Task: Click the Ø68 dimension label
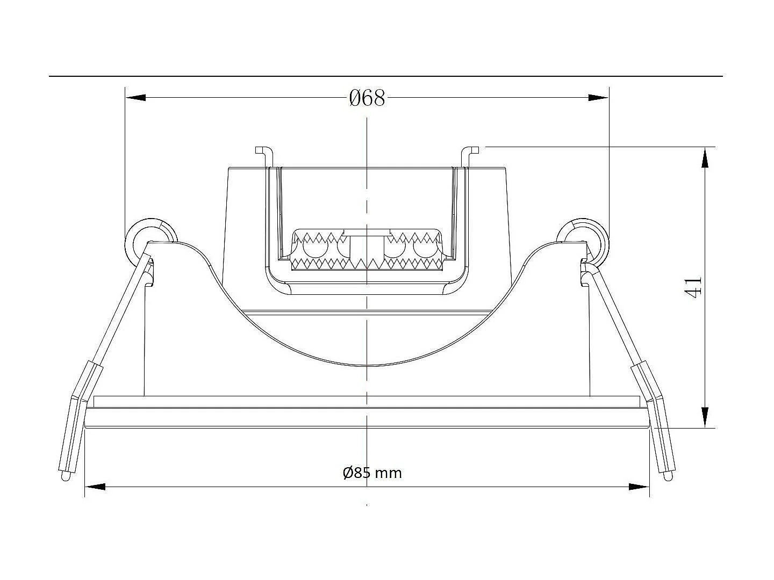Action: click(x=367, y=98)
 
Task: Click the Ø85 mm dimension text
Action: click(x=372, y=473)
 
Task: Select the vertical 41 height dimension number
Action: click(x=693, y=286)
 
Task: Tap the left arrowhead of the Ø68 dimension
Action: click(x=135, y=98)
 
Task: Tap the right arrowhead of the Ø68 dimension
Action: click(x=598, y=98)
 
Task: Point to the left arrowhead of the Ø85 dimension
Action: click(x=96, y=487)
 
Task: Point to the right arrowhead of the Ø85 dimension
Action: click(x=639, y=487)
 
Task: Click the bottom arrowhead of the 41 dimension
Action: click(x=704, y=417)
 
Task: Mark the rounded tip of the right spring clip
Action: click(x=668, y=476)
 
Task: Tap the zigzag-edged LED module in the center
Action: click(x=367, y=250)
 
